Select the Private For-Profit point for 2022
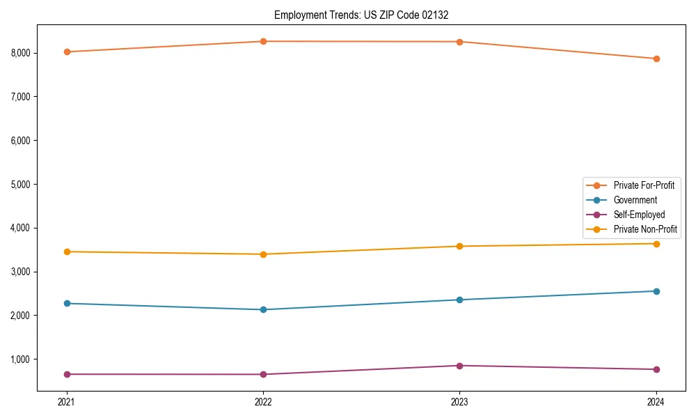pyautogui.click(x=263, y=42)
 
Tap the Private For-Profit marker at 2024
pyautogui.click(x=656, y=59)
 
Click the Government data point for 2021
pyautogui.click(x=67, y=303)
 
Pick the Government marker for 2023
pyautogui.click(x=459, y=300)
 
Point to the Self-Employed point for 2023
pyautogui.click(x=459, y=366)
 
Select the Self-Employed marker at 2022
pyautogui.click(x=263, y=374)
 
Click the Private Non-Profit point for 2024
pyautogui.click(x=656, y=244)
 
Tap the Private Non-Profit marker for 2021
pyautogui.click(x=67, y=251)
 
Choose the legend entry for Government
pyautogui.click(x=635, y=200)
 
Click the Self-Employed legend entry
pyautogui.click(x=639, y=215)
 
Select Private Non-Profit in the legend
pyautogui.click(x=645, y=229)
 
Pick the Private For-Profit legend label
pyautogui.click(x=643, y=185)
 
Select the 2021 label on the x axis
pyautogui.click(x=67, y=402)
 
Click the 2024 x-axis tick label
pyautogui.click(x=656, y=402)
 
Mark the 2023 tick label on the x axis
pyautogui.click(x=459, y=402)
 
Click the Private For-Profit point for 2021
pyautogui.click(x=67, y=52)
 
